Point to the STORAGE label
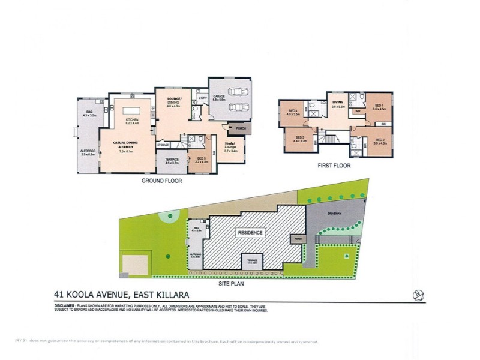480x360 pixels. click(163, 145)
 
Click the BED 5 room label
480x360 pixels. click(201, 159)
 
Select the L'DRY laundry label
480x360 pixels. click(202, 97)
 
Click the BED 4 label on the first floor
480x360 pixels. click(293, 112)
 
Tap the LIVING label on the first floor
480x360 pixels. click(338, 103)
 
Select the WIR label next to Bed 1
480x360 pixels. click(357, 111)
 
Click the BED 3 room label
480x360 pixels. click(301, 139)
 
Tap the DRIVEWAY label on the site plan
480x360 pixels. click(334, 213)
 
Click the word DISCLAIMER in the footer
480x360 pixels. click(62, 306)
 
